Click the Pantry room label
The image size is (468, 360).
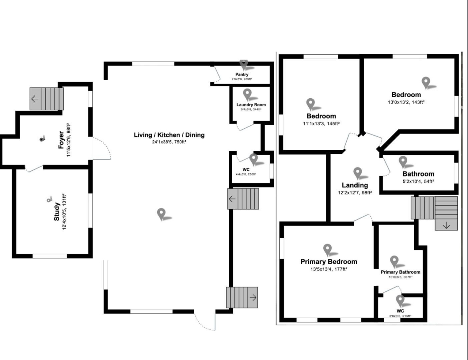(x=242, y=75)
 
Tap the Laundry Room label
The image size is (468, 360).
(x=251, y=105)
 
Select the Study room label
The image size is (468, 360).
(x=57, y=212)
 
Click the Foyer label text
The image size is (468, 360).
(x=61, y=140)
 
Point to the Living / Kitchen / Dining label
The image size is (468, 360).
(x=169, y=135)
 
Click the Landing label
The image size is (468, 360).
(x=355, y=185)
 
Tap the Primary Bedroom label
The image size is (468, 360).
(x=329, y=262)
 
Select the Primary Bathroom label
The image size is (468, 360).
(x=400, y=272)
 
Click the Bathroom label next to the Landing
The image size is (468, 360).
(x=418, y=174)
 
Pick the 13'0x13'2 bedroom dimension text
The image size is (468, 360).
(x=406, y=102)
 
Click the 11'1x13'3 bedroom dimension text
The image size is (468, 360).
(x=321, y=124)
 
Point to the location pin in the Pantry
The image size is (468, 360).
(x=244, y=65)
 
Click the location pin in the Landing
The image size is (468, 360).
(x=358, y=173)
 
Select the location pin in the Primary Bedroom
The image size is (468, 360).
(x=328, y=250)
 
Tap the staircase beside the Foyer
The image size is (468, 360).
(x=46, y=98)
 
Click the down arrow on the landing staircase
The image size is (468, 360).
(x=446, y=225)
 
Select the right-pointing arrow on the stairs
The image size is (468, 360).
(x=253, y=298)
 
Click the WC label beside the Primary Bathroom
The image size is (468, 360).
(x=400, y=311)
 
